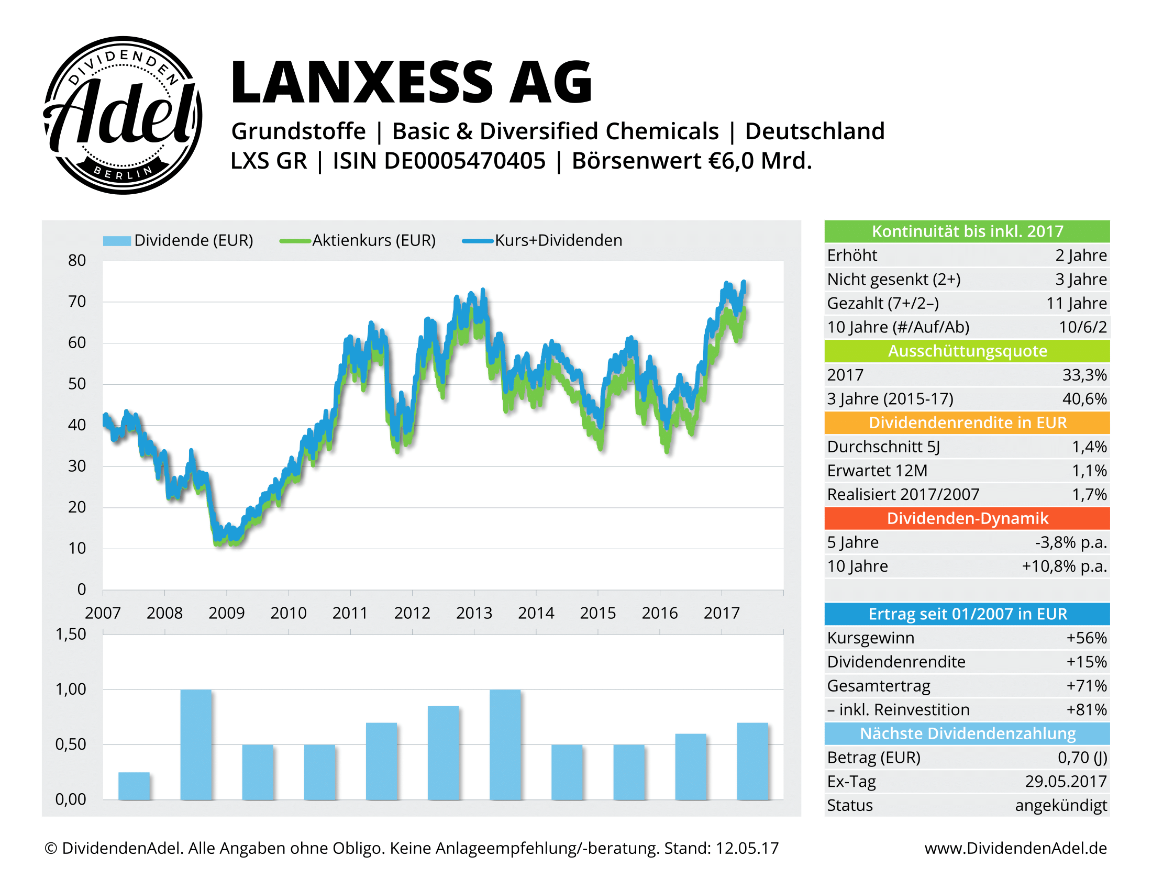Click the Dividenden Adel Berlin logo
[x=123, y=115]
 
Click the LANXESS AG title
[x=412, y=82]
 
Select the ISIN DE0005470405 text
[x=439, y=161]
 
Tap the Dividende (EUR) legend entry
[x=178, y=240]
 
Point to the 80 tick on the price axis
[x=77, y=261]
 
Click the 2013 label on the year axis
[x=474, y=613]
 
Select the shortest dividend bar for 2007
[x=134, y=786]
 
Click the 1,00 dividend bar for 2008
[x=196, y=744]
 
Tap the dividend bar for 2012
[x=443, y=752]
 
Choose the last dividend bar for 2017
[x=752, y=761]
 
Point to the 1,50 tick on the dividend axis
[x=71, y=635]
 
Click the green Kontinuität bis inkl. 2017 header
[x=967, y=231]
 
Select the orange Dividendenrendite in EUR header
[x=967, y=423]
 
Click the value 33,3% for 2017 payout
[x=1084, y=375]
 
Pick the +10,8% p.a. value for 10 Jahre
[x=1065, y=566]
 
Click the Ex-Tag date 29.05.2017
[x=1066, y=782]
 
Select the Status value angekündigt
[x=1061, y=806]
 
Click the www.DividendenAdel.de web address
[x=1015, y=848]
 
